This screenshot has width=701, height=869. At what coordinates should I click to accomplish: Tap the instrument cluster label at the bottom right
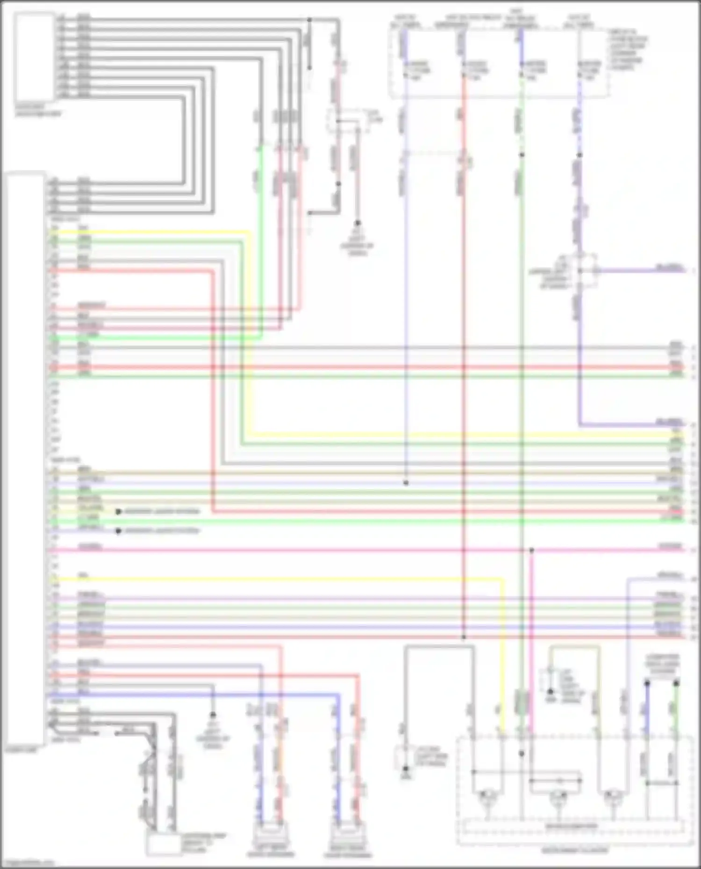tap(575, 851)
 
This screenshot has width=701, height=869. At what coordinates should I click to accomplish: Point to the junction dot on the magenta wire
tap(531, 551)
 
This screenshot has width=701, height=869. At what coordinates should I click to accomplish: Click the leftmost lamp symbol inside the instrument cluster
tap(487, 798)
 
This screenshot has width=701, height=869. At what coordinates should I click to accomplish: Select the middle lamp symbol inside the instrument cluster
tap(558, 798)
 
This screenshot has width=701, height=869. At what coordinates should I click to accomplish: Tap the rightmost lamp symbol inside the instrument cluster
tap(612, 798)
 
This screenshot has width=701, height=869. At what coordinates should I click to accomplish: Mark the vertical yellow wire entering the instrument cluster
tap(503, 654)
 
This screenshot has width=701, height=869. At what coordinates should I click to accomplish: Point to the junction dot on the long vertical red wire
tap(464, 637)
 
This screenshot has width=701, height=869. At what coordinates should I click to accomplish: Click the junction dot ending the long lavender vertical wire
tap(406, 483)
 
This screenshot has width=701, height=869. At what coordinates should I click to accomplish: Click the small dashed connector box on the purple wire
tap(587, 271)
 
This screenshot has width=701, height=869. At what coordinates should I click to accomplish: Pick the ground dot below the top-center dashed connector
tap(358, 223)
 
